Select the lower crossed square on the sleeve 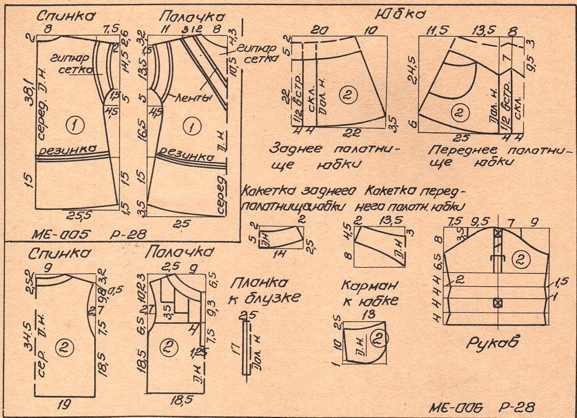click(x=498, y=302)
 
